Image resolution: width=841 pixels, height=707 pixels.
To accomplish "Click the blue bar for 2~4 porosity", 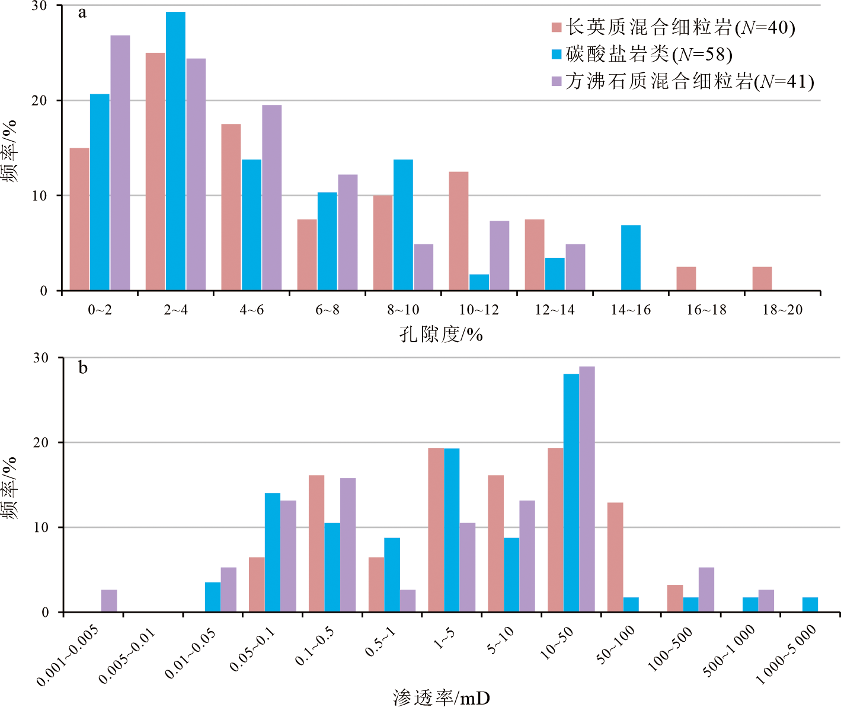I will (175, 151).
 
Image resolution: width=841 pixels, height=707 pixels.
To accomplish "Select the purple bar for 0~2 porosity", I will (120, 163).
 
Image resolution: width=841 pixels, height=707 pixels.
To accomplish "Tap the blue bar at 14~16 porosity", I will (631, 258).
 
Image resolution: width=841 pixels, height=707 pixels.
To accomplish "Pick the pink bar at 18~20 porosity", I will (762, 279).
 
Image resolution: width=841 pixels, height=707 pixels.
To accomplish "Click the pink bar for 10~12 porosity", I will (459, 231).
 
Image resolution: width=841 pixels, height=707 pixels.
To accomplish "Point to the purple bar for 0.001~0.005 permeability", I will (109, 601).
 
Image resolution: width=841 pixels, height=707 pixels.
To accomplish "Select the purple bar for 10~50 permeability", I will (587, 489).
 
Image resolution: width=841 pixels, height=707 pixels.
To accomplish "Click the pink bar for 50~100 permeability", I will (615, 558).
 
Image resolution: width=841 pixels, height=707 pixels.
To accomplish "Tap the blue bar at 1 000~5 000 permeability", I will (810, 605).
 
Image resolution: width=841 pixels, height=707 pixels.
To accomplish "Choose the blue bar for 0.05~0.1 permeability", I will (273, 553).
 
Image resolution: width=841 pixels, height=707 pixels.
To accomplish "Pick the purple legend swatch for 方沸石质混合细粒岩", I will (557, 81).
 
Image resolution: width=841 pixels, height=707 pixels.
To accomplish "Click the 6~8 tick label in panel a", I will (328, 310).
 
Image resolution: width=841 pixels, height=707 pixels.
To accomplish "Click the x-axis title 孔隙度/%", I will (441, 335).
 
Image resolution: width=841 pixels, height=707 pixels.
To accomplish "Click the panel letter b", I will (83, 368).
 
